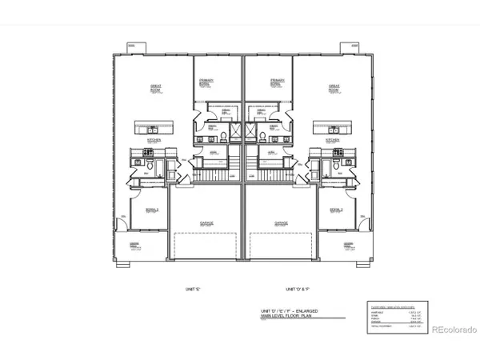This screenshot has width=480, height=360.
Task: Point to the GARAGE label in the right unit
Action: point(281,225)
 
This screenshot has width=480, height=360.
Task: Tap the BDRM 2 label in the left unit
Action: point(151,210)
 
